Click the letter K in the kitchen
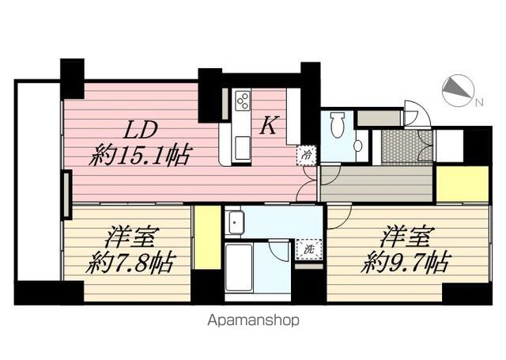[269, 125]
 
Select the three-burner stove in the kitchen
[242, 102]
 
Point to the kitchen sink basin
[241, 146]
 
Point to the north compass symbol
[455, 91]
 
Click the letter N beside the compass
[478, 101]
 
